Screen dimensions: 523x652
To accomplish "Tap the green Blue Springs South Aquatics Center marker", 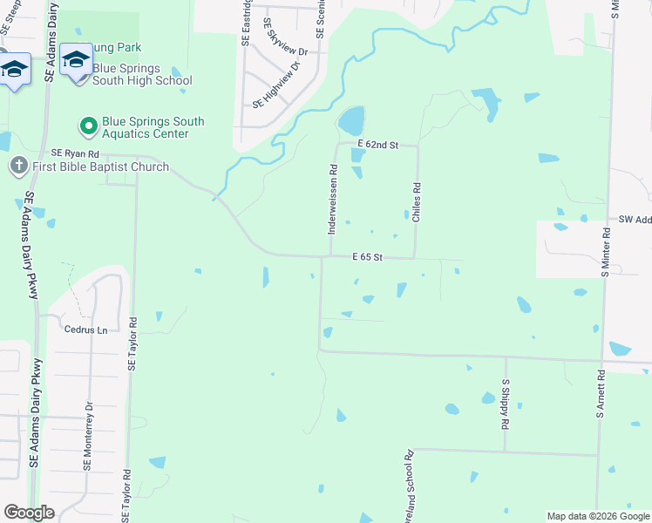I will pos(88,127).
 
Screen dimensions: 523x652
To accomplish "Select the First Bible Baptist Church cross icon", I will pos(18,166).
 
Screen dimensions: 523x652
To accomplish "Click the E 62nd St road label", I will pos(377,145).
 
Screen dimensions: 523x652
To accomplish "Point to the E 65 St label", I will pos(368,257).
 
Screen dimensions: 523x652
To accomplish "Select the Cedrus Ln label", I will pos(85,329).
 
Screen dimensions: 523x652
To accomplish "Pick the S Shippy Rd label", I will pos(505,404).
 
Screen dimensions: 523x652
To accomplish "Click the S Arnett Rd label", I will pos(601,396).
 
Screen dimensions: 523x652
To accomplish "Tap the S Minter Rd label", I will pos(605,252).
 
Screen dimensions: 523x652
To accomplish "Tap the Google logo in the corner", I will pos(29,512).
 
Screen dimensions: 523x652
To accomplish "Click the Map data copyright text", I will pos(597,516).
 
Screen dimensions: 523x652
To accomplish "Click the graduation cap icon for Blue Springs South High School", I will pos(76,59).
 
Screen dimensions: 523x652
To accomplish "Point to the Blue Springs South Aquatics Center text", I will pos(153,127).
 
